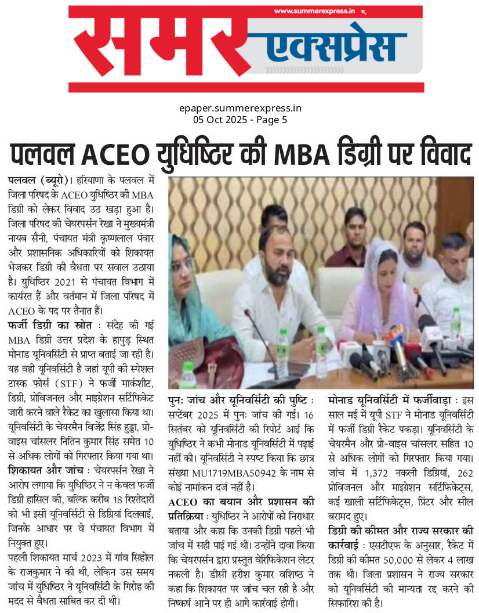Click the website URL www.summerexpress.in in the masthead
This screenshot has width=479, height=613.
[x=314, y=11]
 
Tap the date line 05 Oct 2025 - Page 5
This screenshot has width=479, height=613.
[x=239, y=120]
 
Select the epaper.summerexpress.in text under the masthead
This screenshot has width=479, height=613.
[x=239, y=109]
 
